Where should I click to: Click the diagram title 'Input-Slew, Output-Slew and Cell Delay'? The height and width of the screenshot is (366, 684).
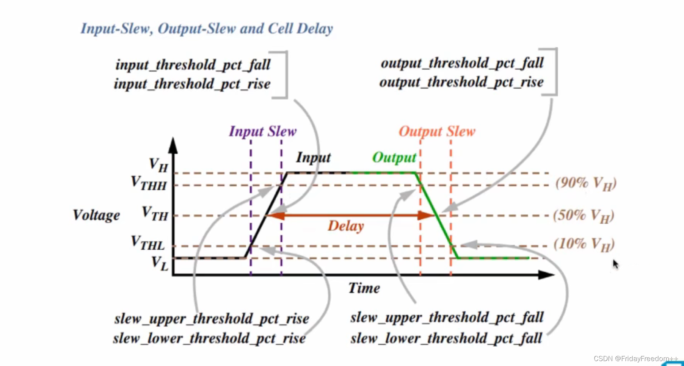pyautogui.click(x=207, y=29)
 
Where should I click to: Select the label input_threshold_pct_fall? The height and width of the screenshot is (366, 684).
pyautogui.click(x=193, y=65)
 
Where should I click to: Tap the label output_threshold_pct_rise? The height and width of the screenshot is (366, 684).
pyautogui.click(x=461, y=82)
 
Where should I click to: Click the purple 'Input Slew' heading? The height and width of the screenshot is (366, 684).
pyautogui.click(x=262, y=131)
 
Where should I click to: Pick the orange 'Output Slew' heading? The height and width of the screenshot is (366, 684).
pyautogui.click(x=437, y=131)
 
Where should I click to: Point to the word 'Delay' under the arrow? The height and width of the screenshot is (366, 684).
pyautogui.click(x=345, y=226)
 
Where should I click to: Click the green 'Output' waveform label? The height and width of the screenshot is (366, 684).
pyautogui.click(x=394, y=157)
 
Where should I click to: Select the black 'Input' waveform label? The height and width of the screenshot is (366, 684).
pyautogui.click(x=313, y=157)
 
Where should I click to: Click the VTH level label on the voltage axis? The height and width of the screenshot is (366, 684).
pyautogui.click(x=155, y=214)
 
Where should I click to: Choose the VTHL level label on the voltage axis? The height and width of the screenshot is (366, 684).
pyautogui.click(x=148, y=243)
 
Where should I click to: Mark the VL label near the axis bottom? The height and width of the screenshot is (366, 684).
pyautogui.click(x=160, y=263)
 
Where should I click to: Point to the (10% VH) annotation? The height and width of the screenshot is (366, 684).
pyautogui.click(x=584, y=244)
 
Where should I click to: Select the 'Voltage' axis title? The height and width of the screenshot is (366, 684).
pyautogui.click(x=96, y=215)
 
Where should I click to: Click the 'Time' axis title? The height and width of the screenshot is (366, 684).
pyautogui.click(x=364, y=288)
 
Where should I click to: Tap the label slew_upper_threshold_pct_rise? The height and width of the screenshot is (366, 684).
pyautogui.click(x=212, y=319)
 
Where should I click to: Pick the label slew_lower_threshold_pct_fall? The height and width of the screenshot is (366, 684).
pyautogui.click(x=446, y=338)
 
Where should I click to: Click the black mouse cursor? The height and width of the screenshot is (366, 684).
pyautogui.click(x=615, y=264)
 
